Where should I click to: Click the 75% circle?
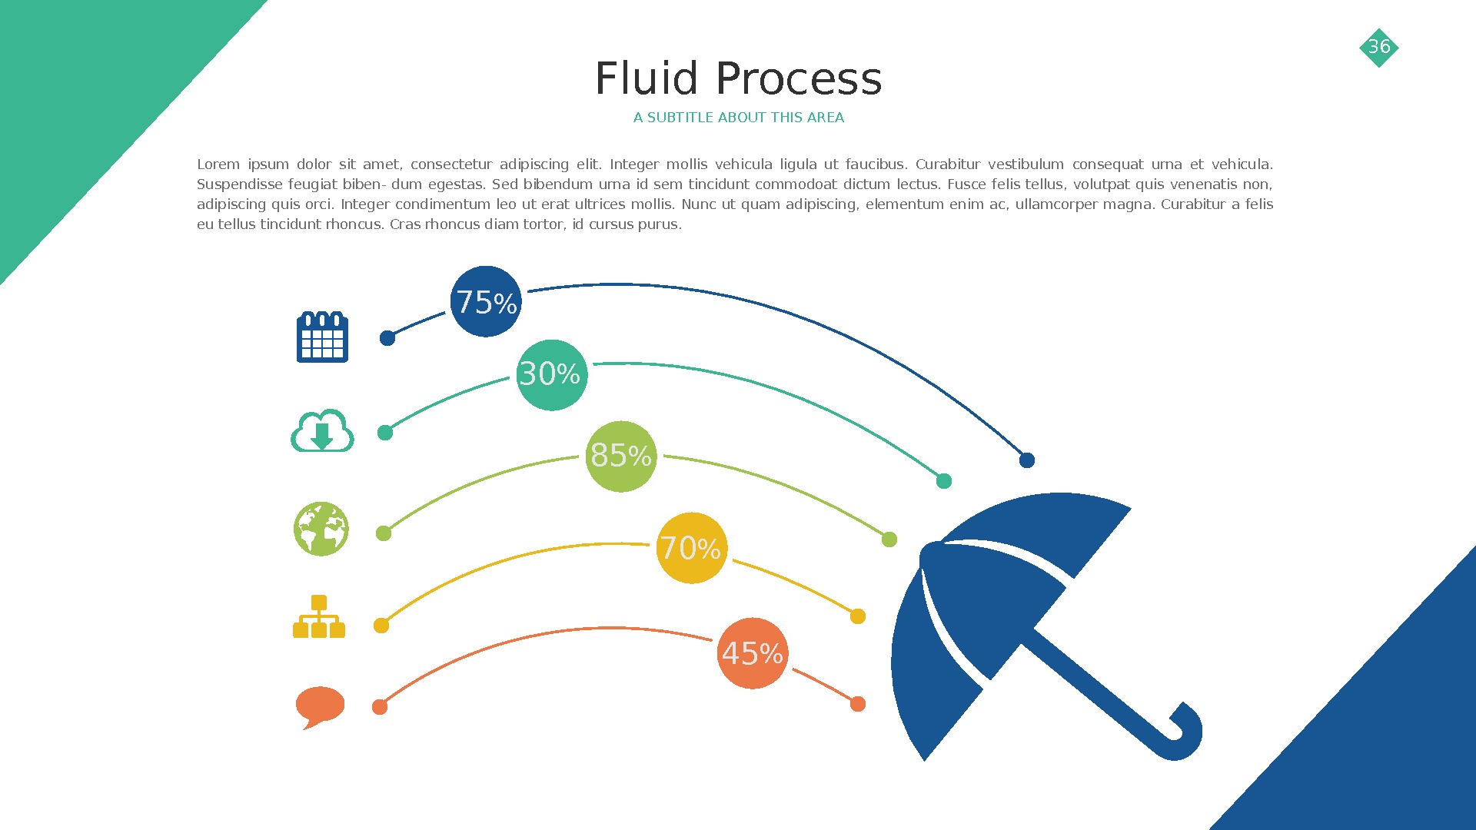coord(485,301)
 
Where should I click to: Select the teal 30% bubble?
coord(551,375)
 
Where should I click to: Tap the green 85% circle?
coord(620,456)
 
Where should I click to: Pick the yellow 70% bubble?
coord(691,548)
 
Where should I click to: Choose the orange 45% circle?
coord(752,653)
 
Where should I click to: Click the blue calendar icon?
coord(322,337)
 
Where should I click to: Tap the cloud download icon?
coord(322,431)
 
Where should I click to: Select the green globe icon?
coord(321,529)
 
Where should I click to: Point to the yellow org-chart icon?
coord(319,616)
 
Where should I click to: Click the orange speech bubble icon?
coord(320,705)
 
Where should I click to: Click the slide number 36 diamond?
coord(1378,47)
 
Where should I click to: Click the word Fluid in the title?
coord(646,78)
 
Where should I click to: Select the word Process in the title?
coord(799,78)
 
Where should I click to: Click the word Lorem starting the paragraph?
coord(218,164)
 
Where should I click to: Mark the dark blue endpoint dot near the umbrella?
coord(1027,460)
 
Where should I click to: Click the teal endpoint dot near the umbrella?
coord(944,481)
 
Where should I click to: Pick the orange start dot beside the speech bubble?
coord(380,707)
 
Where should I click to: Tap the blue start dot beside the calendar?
coord(387,338)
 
